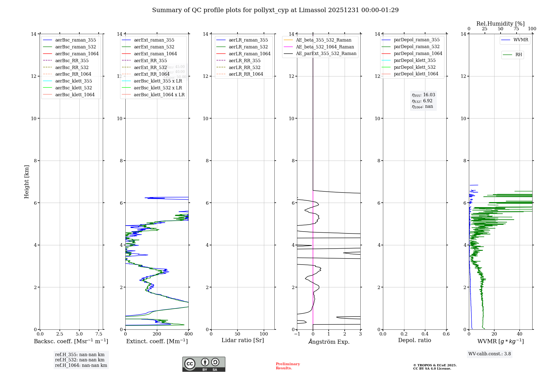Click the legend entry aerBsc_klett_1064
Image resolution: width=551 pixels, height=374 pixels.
point(75,95)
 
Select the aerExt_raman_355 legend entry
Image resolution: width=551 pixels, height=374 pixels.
point(154,40)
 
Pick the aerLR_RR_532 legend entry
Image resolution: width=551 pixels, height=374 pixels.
point(244,67)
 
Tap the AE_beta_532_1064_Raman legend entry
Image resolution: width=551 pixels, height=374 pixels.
point(325,47)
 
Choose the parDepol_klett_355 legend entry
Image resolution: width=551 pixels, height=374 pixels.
point(415,60)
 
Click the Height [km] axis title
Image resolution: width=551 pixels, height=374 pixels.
point(26,182)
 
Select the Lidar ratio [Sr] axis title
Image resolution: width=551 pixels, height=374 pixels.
point(242,340)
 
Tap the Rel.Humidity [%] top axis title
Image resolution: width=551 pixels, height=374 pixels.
point(500,24)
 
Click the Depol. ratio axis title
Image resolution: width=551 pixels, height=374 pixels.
point(414,340)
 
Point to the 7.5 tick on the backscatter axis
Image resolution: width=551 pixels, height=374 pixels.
point(99,334)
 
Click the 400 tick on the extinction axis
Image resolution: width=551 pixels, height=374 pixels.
point(188,334)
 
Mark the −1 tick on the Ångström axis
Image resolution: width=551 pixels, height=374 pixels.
point(297,334)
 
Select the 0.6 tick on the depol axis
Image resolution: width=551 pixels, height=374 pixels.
point(446,334)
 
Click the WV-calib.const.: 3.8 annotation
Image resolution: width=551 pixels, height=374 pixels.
point(489,354)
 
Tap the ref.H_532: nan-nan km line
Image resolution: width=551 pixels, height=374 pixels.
point(80,360)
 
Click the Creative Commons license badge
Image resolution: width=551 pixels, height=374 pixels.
point(204,364)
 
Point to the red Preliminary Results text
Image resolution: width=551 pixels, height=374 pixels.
point(288,366)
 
